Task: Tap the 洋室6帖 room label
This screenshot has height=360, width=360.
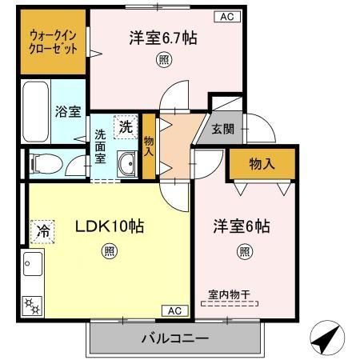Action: tap(241, 226)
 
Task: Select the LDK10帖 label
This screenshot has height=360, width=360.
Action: tap(109, 226)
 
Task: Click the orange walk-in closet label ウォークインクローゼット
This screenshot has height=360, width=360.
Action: tap(54, 42)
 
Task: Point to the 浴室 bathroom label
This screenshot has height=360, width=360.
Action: tap(67, 112)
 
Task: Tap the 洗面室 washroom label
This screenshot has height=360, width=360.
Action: tap(101, 146)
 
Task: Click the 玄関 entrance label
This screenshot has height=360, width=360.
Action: tap(222, 127)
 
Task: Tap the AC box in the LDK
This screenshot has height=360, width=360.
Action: tap(174, 310)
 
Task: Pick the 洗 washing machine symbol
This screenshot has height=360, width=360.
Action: tap(126, 126)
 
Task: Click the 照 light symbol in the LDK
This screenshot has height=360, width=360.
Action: tap(108, 253)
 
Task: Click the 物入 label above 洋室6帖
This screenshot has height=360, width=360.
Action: tap(262, 163)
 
